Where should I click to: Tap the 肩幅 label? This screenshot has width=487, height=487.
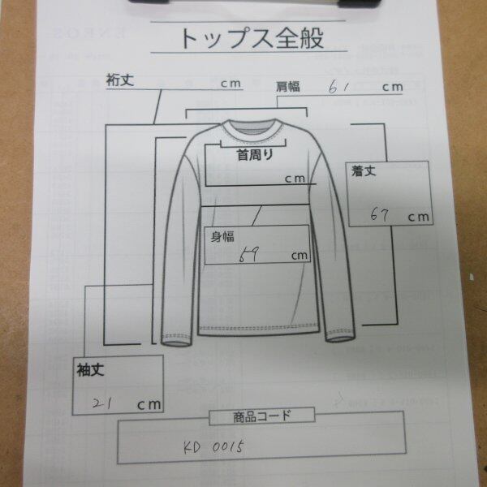289,85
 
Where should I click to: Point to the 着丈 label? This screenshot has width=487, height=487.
362,172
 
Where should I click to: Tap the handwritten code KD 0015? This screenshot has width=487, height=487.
214,446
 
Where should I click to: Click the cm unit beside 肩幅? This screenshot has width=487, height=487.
393,86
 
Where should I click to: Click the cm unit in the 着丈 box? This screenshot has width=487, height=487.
419,217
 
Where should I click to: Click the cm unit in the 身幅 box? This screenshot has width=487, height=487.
300,256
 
